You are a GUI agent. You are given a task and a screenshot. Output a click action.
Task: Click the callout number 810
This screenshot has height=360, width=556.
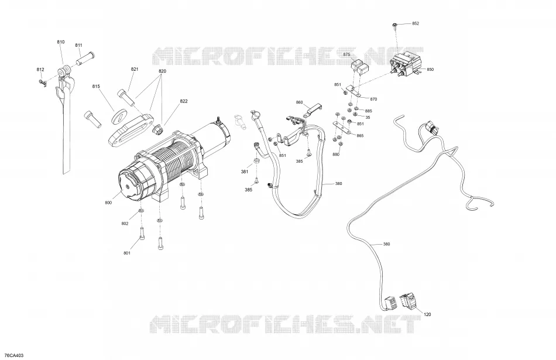61,42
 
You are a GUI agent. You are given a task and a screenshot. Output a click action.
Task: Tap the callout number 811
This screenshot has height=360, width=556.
78,45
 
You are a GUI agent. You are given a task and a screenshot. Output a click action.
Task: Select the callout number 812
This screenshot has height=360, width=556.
40,70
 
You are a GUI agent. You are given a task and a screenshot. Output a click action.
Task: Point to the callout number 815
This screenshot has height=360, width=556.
96,86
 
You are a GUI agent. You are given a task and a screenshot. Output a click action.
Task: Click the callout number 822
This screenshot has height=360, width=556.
184,101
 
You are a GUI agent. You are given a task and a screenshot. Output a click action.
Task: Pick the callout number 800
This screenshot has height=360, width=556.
108,203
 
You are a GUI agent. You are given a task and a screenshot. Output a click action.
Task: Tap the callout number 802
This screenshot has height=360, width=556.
125,224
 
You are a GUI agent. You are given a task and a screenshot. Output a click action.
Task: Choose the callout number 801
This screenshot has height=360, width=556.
127,253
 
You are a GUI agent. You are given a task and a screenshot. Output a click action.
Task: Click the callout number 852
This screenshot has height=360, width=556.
416,23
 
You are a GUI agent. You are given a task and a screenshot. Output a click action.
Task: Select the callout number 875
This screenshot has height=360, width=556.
347,54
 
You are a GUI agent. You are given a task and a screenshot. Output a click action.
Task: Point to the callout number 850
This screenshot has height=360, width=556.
430,69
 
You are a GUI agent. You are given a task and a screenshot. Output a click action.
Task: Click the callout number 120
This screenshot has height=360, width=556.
428,314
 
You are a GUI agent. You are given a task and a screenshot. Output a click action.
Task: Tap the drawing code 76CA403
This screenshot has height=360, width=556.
14,355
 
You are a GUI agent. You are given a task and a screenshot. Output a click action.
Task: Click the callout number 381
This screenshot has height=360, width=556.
245,172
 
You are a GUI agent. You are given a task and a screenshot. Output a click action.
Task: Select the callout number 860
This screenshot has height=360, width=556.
299,102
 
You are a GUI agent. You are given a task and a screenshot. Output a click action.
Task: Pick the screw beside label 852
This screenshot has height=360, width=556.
394,26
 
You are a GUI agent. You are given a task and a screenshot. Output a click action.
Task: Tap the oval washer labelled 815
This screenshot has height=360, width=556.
119,117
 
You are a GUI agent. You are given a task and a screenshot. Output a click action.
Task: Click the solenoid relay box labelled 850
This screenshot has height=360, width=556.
406,64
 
